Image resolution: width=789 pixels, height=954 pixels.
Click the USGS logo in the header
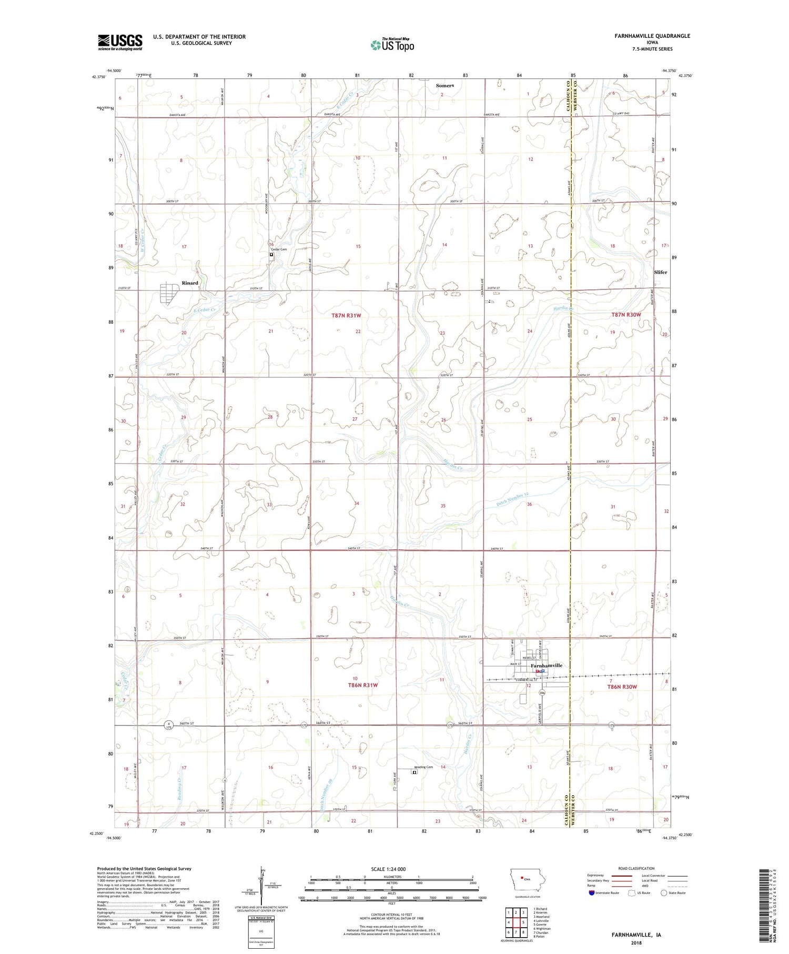point(120,42)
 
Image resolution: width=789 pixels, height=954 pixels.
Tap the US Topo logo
point(392,45)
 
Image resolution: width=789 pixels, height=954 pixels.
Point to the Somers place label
point(445,85)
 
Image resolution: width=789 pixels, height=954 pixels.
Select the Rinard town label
point(190,283)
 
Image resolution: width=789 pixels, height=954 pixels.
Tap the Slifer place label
point(660,272)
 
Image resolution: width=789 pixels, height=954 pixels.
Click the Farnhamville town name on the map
point(547,666)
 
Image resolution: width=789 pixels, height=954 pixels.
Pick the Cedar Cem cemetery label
point(279,249)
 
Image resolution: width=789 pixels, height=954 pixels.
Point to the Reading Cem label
point(423,767)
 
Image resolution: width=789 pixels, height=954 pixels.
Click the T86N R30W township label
point(622,687)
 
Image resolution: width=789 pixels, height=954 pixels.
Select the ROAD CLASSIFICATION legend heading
point(636,868)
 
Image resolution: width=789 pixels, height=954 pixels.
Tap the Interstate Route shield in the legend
point(592,893)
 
